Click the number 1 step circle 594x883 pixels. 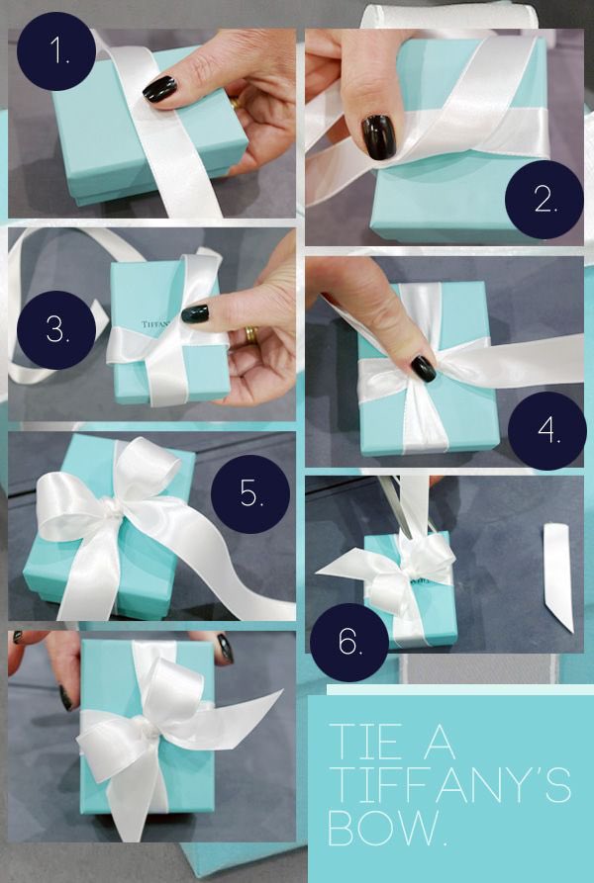[56, 51]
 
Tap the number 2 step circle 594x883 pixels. [544, 200]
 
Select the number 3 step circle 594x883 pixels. [56, 330]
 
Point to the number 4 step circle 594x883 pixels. [546, 431]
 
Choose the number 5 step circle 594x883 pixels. [250, 493]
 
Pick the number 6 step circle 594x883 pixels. [349, 643]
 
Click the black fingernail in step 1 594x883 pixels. [160, 89]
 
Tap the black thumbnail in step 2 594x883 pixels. [377, 136]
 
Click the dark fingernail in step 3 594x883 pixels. [195, 313]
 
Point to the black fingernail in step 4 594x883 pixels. [423, 368]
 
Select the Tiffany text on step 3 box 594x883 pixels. [156, 324]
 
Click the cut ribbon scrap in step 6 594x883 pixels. [558, 576]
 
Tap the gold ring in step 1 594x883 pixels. [235, 104]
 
